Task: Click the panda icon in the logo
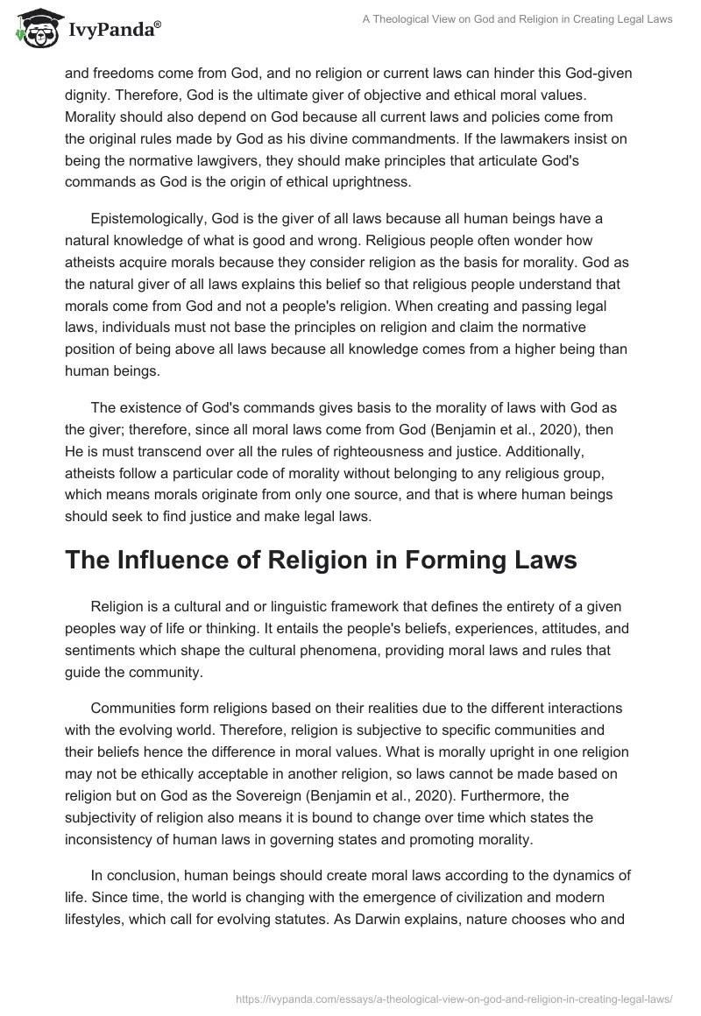[34, 29]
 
